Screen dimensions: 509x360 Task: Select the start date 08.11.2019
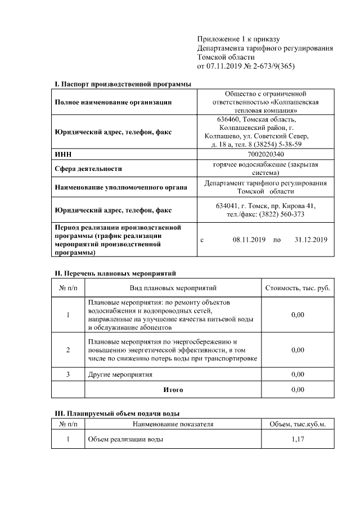[x=249, y=240]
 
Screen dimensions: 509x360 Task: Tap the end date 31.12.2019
[x=310, y=240]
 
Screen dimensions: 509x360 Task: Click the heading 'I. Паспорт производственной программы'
[x=123, y=84]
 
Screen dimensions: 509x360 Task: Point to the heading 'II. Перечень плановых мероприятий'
[x=115, y=273]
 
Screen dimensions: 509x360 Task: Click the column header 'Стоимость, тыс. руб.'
[x=298, y=288]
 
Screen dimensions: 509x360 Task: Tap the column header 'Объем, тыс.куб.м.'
[x=298, y=424]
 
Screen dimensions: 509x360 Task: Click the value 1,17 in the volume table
[x=298, y=439]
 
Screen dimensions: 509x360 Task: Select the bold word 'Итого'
[x=173, y=389]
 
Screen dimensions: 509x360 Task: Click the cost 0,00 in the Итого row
[x=298, y=389]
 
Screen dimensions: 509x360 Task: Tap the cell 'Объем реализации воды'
[x=125, y=439]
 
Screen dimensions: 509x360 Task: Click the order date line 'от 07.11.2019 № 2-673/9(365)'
[x=246, y=66]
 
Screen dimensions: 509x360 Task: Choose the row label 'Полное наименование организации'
[x=113, y=102]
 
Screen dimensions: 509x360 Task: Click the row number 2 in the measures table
[x=68, y=350]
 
